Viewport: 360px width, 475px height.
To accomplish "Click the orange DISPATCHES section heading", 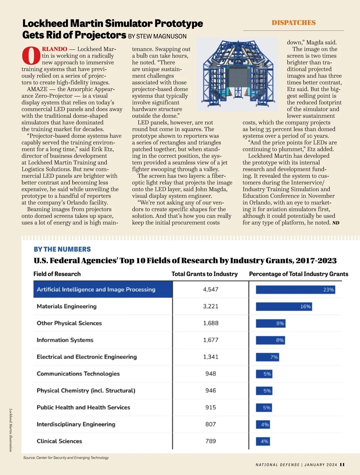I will (293, 23).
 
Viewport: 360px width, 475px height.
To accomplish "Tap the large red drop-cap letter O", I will (31, 56).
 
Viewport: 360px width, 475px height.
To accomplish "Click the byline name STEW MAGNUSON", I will (161, 36).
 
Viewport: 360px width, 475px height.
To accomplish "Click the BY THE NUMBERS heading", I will (62, 249).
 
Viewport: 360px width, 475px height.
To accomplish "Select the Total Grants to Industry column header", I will (204, 274).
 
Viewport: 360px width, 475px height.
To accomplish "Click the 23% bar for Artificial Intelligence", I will (295, 290).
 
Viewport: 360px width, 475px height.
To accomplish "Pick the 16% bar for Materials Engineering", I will (284, 307).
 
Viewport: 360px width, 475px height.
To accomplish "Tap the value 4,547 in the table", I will (211, 289).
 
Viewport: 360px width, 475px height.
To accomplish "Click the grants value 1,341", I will (211, 357).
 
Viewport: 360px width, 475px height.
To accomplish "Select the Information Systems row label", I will (65, 340).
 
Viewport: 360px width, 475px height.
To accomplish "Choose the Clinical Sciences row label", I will (59, 441).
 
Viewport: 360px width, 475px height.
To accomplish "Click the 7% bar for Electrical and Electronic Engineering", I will (267, 357).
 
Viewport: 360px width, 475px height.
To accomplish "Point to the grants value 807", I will (211, 424).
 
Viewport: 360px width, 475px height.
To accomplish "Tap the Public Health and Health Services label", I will (83, 407).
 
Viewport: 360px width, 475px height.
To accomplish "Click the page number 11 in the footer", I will (342, 464).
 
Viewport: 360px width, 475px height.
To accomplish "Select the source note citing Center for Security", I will (66, 458).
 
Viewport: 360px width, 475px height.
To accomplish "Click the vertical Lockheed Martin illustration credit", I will (10, 430).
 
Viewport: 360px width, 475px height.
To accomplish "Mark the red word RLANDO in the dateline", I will (55, 49).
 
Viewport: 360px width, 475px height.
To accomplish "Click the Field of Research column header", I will (57, 274).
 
